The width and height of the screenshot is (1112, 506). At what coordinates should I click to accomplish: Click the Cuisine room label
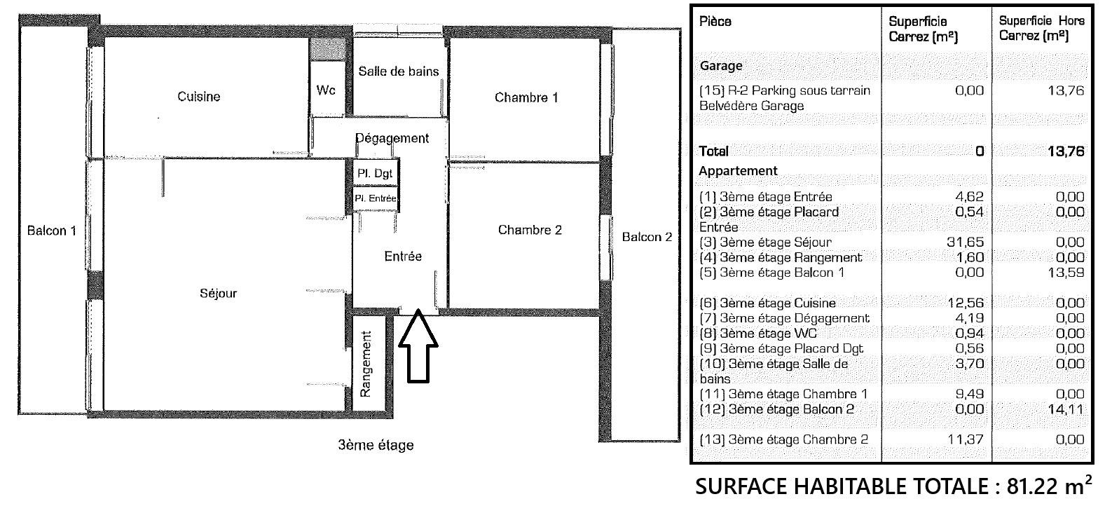coord(198,96)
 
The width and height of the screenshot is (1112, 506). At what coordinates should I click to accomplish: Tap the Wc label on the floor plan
coord(326,90)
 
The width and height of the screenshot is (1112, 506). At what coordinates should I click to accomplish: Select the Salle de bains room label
coord(399,71)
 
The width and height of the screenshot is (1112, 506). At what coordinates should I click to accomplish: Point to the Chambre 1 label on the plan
coord(526,97)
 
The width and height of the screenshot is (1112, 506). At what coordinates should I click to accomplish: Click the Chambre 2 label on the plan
coord(530,230)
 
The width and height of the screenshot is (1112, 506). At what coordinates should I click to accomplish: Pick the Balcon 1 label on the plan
coord(52,231)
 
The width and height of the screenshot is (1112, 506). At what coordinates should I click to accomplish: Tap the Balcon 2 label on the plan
coord(647,237)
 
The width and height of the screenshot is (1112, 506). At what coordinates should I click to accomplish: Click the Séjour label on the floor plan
coord(219,293)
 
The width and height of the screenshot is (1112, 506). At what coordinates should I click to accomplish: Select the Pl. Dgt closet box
coord(376,173)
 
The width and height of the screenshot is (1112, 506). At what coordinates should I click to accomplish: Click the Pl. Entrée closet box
coord(376,198)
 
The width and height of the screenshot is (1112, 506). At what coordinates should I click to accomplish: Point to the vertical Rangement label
coord(365,364)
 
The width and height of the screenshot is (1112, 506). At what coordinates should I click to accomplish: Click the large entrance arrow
coord(418,346)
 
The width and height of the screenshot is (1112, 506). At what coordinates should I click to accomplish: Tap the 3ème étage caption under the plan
coord(376,445)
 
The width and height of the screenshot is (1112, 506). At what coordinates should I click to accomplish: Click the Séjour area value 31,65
coord(965,242)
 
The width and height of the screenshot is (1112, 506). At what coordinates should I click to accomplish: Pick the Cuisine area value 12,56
coord(966,303)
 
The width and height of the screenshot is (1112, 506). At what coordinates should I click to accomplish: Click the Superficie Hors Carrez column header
coord(1041,28)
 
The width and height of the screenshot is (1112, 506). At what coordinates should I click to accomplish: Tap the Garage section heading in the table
coord(721,66)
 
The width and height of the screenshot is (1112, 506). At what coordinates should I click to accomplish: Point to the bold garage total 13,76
coord(1066,151)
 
